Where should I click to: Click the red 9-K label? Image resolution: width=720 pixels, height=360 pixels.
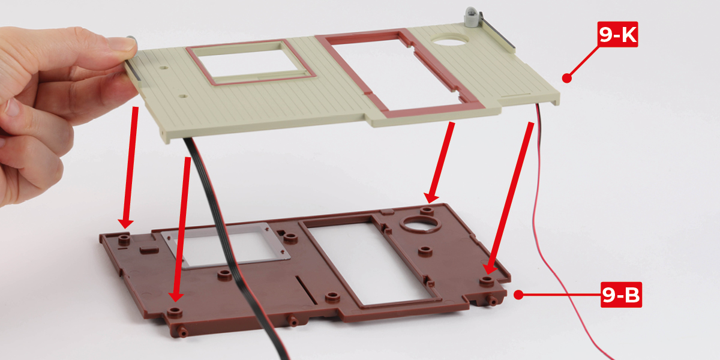pyautogui.click(x=617, y=34)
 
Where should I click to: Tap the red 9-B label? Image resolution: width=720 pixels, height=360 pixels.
pyautogui.click(x=621, y=295)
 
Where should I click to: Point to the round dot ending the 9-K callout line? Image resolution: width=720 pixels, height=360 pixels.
pyautogui.click(x=566, y=78)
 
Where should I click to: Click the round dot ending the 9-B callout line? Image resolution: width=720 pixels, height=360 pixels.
pyautogui.click(x=518, y=295)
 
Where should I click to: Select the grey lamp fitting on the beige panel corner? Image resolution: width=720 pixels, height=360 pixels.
pyautogui.click(x=472, y=16)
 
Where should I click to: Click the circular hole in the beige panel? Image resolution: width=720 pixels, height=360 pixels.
pyautogui.click(x=449, y=40)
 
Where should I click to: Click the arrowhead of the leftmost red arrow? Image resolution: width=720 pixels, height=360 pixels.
pyautogui.click(x=125, y=223)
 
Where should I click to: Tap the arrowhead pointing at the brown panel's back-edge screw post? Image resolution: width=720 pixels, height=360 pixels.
pyautogui.click(x=431, y=197)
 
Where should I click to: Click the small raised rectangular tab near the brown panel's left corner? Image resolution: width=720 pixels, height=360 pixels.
pyautogui.click(x=149, y=250)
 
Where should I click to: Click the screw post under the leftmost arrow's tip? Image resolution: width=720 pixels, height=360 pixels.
pyautogui.click(x=124, y=239)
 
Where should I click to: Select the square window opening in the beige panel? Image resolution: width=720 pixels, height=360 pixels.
pyautogui.click(x=251, y=62)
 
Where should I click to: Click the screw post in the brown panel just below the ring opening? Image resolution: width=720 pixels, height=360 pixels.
pyautogui.click(x=425, y=251)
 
